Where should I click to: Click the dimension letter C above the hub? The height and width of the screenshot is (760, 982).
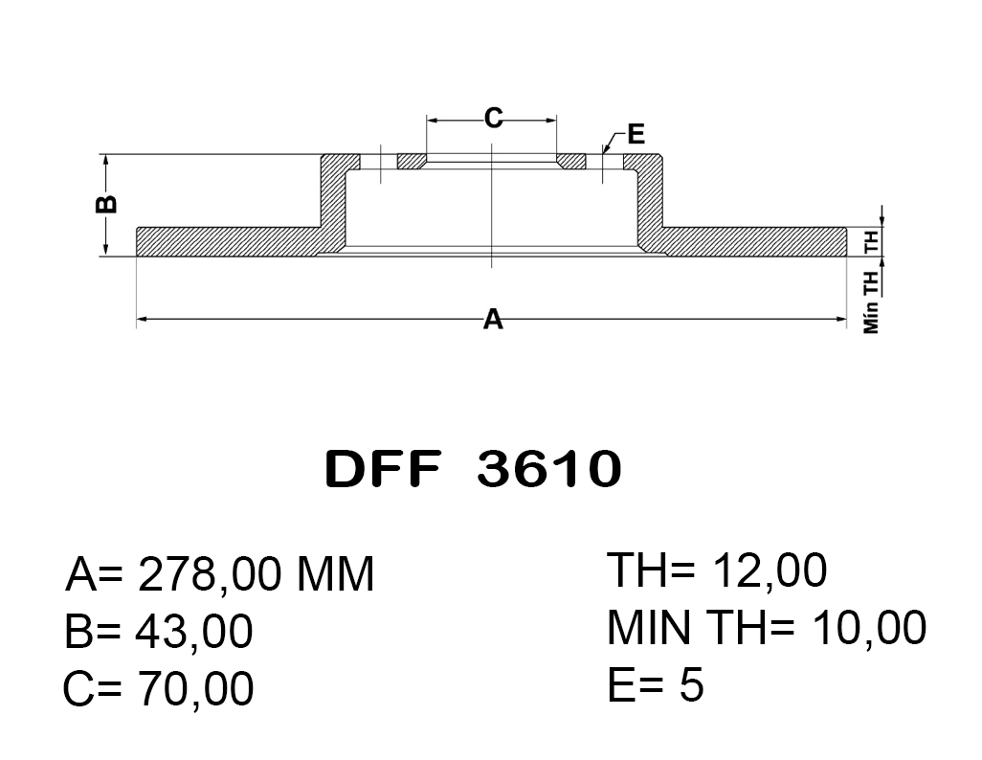[493, 118]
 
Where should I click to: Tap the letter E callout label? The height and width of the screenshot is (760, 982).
[636, 134]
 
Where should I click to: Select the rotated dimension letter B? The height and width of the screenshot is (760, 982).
[106, 204]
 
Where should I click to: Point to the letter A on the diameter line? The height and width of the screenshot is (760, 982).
[493, 319]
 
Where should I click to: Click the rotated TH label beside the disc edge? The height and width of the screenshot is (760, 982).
[871, 241]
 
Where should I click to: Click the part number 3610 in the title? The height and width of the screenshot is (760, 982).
[549, 469]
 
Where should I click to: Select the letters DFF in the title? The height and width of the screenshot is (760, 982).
[383, 469]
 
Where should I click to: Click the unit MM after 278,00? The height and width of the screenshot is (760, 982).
[335, 574]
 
